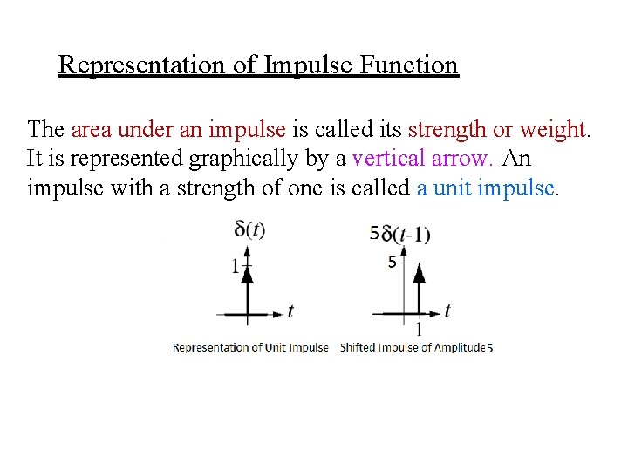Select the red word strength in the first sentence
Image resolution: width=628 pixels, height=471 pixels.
[447, 130]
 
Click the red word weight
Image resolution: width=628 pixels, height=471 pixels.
[555, 130]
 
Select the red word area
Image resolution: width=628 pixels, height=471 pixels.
[91, 130]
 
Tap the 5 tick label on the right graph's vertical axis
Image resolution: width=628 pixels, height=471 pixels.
[392, 263]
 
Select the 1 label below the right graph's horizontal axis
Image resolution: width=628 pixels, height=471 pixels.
[420, 330]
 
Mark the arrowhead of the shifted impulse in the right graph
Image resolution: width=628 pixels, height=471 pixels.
[420, 273]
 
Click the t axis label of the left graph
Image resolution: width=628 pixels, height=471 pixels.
[290, 311]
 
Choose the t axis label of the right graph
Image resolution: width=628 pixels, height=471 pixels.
[447, 311]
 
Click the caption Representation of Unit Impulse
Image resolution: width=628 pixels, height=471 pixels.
[250, 347]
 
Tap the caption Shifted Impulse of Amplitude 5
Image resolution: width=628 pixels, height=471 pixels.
[416, 347]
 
